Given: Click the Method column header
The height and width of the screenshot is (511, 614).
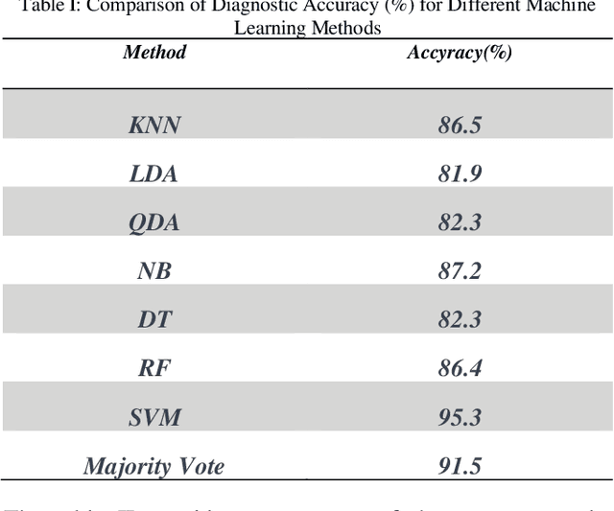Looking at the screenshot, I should [153, 52].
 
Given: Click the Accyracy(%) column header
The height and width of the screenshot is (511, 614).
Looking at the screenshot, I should [460, 52].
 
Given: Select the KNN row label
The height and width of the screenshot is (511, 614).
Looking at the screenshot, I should [153, 125].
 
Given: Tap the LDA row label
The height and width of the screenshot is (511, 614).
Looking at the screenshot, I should [153, 174].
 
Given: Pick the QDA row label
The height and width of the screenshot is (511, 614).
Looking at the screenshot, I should [153, 222].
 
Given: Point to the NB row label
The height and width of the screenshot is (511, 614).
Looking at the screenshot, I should [153, 271].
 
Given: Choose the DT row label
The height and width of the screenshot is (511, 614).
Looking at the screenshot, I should [153, 319].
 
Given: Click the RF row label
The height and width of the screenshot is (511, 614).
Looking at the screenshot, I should [153, 368].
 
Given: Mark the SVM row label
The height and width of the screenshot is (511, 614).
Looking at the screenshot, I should [153, 417].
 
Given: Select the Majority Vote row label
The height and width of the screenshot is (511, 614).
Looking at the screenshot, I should [153, 466].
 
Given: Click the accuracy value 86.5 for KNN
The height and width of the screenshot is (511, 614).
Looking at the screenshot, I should [460, 125].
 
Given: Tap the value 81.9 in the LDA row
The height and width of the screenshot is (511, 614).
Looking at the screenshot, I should [460, 174].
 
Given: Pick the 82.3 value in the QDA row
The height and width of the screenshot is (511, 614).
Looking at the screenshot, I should [460, 222].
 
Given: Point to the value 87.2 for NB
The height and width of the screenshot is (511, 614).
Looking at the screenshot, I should [460, 271].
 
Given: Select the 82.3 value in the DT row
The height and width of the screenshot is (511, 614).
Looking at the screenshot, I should [460, 319].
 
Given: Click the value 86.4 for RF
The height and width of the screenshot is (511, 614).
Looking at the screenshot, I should [460, 368].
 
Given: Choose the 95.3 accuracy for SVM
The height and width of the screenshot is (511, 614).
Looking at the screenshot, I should [460, 417].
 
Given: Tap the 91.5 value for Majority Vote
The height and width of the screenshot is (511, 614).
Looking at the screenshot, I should [460, 466].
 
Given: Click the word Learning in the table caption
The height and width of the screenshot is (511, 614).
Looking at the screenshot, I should [266, 28].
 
